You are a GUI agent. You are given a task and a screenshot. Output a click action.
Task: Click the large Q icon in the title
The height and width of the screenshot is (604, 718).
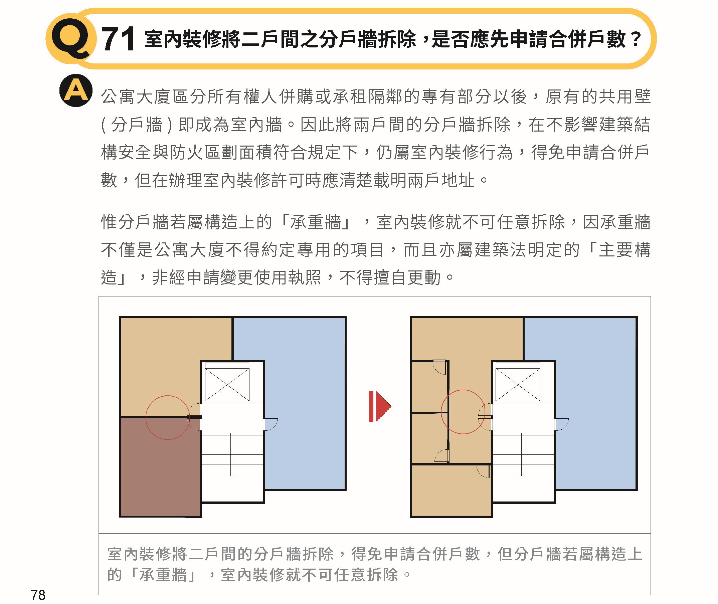tap(71, 38)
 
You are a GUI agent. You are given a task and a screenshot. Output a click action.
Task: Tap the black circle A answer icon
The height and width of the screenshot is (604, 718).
tap(76, 90)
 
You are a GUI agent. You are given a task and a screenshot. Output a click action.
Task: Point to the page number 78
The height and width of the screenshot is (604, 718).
tap(38, 595)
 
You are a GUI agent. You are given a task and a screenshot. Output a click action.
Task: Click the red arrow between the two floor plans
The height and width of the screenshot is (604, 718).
tap(380, 406)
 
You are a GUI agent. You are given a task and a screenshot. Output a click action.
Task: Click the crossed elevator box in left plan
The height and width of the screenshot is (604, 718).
tap(227, 385)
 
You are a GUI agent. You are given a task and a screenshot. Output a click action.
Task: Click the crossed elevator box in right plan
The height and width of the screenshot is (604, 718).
tap(518, 385)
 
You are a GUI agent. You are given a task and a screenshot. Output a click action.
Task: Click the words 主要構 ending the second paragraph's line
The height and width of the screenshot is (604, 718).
tap(624, 250)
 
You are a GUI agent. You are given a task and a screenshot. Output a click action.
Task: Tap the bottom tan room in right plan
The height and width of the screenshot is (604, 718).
tap(451, 491)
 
